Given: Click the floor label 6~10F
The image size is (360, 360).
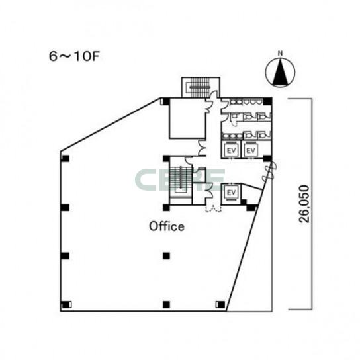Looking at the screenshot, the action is pos(74,56).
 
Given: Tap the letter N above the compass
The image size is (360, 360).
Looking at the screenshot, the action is pos(280,53).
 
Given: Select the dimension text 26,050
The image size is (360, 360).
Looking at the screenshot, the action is pos(304,204).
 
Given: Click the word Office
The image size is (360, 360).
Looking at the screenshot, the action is pos(167,226).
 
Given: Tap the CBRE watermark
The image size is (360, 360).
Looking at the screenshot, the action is pos(180,180).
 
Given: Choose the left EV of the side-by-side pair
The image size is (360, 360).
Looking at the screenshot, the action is pos(231,150).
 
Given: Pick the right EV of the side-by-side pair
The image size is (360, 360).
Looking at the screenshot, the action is pos(251,150).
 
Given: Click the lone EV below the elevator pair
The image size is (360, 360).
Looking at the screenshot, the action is pos(231,193).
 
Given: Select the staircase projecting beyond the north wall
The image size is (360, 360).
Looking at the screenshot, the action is pos(201,87).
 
